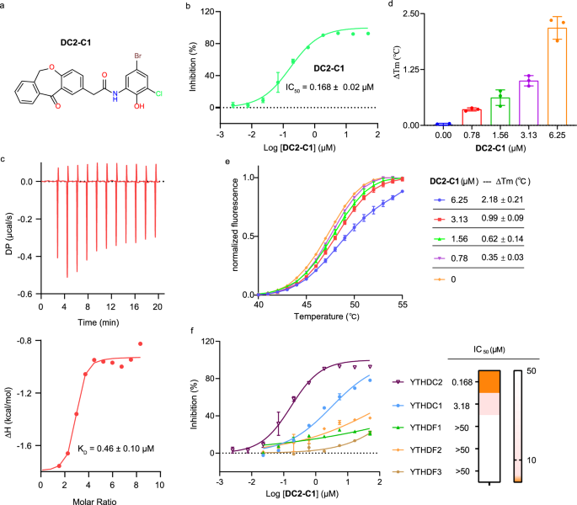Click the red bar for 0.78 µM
[470, 117]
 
